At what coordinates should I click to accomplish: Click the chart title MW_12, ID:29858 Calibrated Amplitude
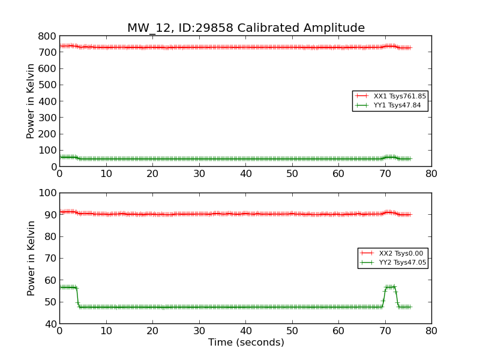tap(245, 28)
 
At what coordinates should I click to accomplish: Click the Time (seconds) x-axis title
tap(246, 343)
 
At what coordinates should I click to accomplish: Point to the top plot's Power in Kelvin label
tap(31, 101)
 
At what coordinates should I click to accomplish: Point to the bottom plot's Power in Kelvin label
tap(31, 258)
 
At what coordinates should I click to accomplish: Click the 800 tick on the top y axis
tap(47, 36)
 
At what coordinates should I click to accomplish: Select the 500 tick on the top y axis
tap(47, 85)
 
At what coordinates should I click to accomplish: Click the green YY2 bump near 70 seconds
tap(391, 287)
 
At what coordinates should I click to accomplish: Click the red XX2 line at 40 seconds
tap(245, 214)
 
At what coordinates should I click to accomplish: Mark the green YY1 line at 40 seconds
tap(245, 158)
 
